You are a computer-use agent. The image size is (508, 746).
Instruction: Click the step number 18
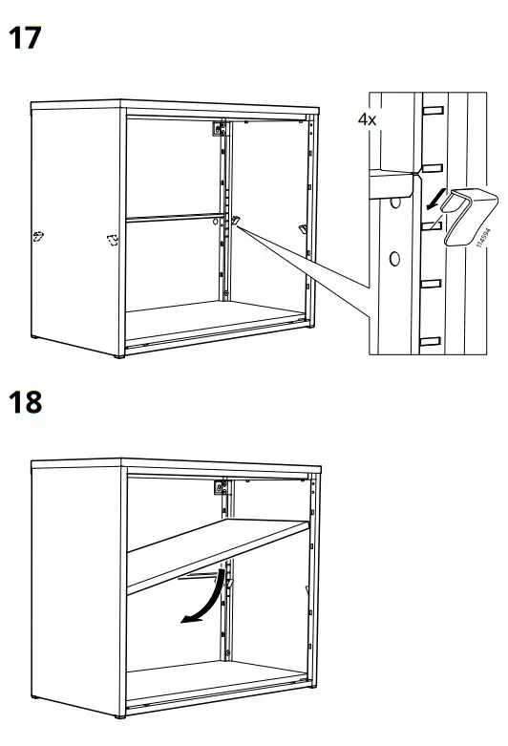click(x=27, y=402)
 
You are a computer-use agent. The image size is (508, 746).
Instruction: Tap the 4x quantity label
click(x=368, y=119)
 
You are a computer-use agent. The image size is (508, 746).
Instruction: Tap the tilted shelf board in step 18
click(x=220, y=553)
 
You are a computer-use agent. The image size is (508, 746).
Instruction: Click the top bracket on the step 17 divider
click(x=221, y=128)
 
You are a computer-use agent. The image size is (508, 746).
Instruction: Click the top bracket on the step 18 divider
click(x=221, y=490)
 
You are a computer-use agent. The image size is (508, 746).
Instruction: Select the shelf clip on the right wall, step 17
click(x=303, y=227)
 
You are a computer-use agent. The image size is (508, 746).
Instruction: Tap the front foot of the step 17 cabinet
click(x=119, y=356)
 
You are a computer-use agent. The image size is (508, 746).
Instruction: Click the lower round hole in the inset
click(x=392, y=257)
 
